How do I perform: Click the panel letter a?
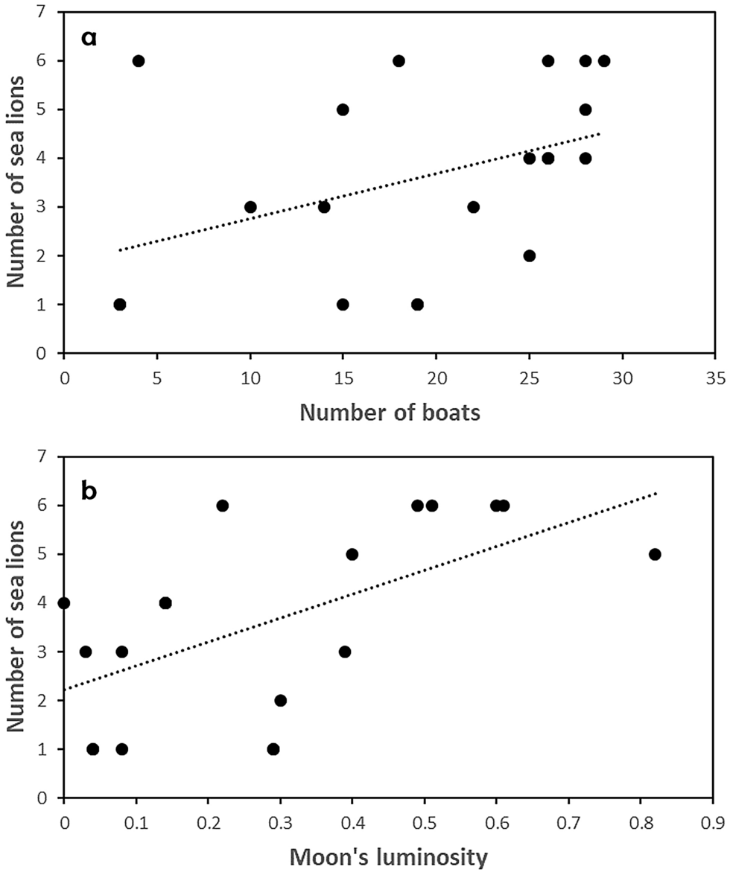tap(89, 38)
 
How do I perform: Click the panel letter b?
tap(89, 492)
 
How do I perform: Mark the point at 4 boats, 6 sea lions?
tap(139, 60)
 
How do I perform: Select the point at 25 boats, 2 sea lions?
tap(530, 255)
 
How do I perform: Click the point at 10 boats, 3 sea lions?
tap(250, 207)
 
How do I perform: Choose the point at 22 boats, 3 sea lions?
tap(474, 207)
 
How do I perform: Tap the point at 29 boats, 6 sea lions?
tap(604, 60)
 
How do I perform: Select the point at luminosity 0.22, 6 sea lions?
tap(222, 506)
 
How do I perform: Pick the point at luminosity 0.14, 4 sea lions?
tap(165, 603)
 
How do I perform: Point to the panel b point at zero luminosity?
tap(64, 603)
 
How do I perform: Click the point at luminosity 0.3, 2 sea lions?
tap(280, 700)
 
